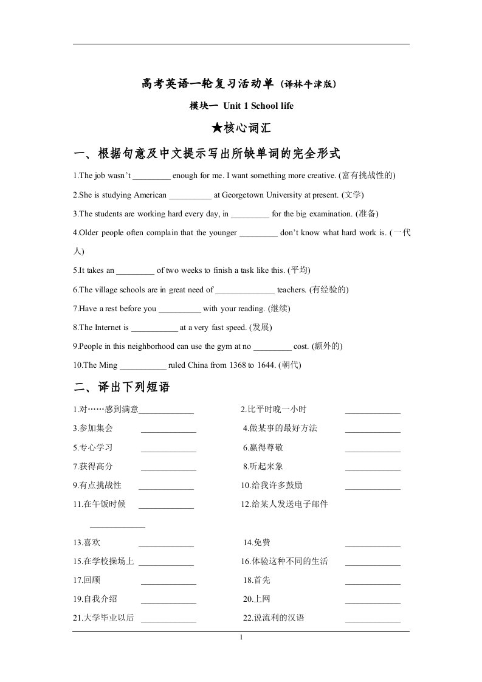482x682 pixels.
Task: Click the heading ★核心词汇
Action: tap(241, 128)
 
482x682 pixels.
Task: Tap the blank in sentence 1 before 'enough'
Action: tap(151, 176)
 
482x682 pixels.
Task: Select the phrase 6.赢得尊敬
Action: tap(263, 447)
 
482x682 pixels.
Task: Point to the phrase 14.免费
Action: tap(257, 543)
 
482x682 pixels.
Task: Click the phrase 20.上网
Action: tap(256, 599)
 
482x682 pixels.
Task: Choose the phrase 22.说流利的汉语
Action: tap(274, 618)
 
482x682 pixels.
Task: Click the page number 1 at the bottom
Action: tap(241, 637)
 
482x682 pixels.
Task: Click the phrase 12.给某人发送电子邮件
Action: tap(284, 505)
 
